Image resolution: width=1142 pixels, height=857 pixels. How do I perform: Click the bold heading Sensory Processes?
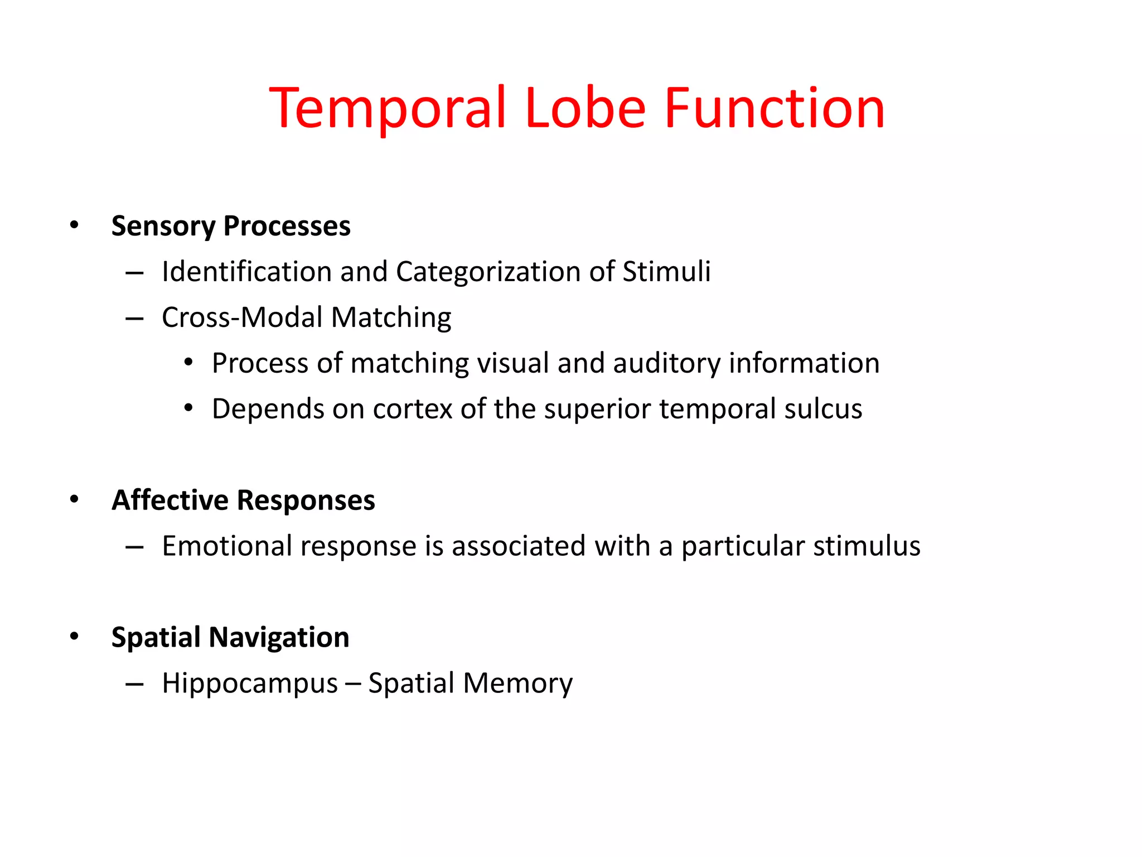(x=231, y=226)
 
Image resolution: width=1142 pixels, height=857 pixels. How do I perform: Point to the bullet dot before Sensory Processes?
(x=74, y=225)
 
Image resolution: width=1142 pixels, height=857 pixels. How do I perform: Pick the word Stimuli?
(x=666, y=272)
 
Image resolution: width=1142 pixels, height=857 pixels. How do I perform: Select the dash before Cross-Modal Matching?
(x=134, y=319)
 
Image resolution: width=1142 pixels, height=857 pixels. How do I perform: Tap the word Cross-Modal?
(x=242, y=317)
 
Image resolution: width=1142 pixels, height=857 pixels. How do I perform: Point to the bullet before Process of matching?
(x=188, y=363)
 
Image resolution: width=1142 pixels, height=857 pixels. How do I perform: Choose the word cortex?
(x=413, y=409)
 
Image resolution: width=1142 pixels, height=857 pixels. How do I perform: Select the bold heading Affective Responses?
(x=243, y=500)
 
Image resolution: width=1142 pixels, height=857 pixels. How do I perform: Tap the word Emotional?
(x=226, y=546)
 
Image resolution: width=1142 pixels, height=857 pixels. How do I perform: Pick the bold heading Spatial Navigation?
(x=230, y=637)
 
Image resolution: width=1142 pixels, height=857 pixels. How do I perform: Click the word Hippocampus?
(x=250, y=683)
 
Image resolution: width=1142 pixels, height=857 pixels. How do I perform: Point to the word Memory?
(x=517, y=683)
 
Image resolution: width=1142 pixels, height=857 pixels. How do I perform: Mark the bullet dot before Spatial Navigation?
(x=74, y=637)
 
